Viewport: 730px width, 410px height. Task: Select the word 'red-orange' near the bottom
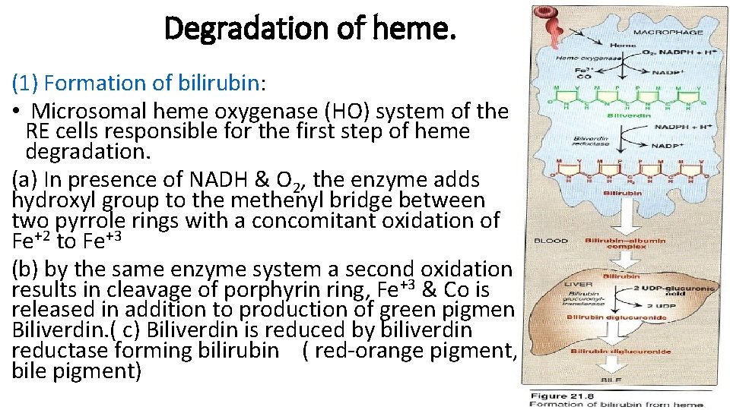click(363, 350)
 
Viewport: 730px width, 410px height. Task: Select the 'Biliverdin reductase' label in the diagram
click(591, 144)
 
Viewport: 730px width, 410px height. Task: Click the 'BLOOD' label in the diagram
click(551, 241)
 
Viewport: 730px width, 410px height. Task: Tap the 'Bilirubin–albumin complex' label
click(625, 244)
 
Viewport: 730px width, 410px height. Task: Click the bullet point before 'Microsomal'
click(17, 112)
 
